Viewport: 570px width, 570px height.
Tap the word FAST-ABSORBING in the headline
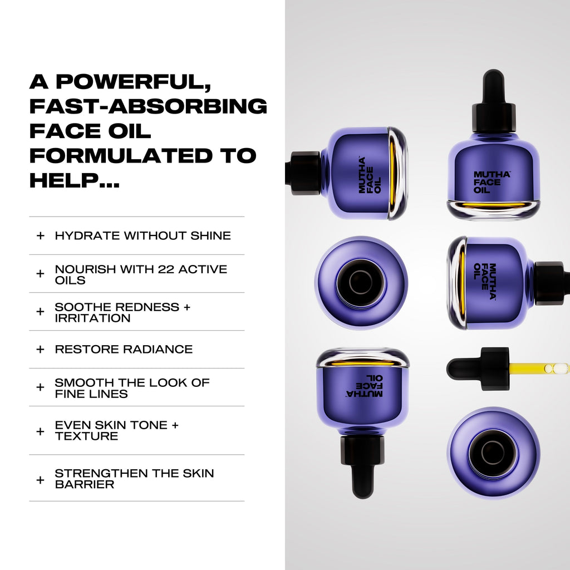pos(148,106)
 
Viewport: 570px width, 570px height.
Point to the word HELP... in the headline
pos(74,180)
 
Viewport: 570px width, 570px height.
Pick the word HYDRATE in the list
pos(87,235)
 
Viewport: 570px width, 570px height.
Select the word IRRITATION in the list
pos(92,318)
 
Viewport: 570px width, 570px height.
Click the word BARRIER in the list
pos(85,484)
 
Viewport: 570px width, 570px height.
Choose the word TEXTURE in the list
pos(86,436)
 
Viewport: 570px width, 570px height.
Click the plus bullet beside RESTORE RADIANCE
pos(40,350)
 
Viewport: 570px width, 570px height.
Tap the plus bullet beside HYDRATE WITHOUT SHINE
pos(40,235)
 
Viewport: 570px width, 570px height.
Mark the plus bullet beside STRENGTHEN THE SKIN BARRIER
pos(40,479)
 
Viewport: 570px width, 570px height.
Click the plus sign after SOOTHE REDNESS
pos(186,307)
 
